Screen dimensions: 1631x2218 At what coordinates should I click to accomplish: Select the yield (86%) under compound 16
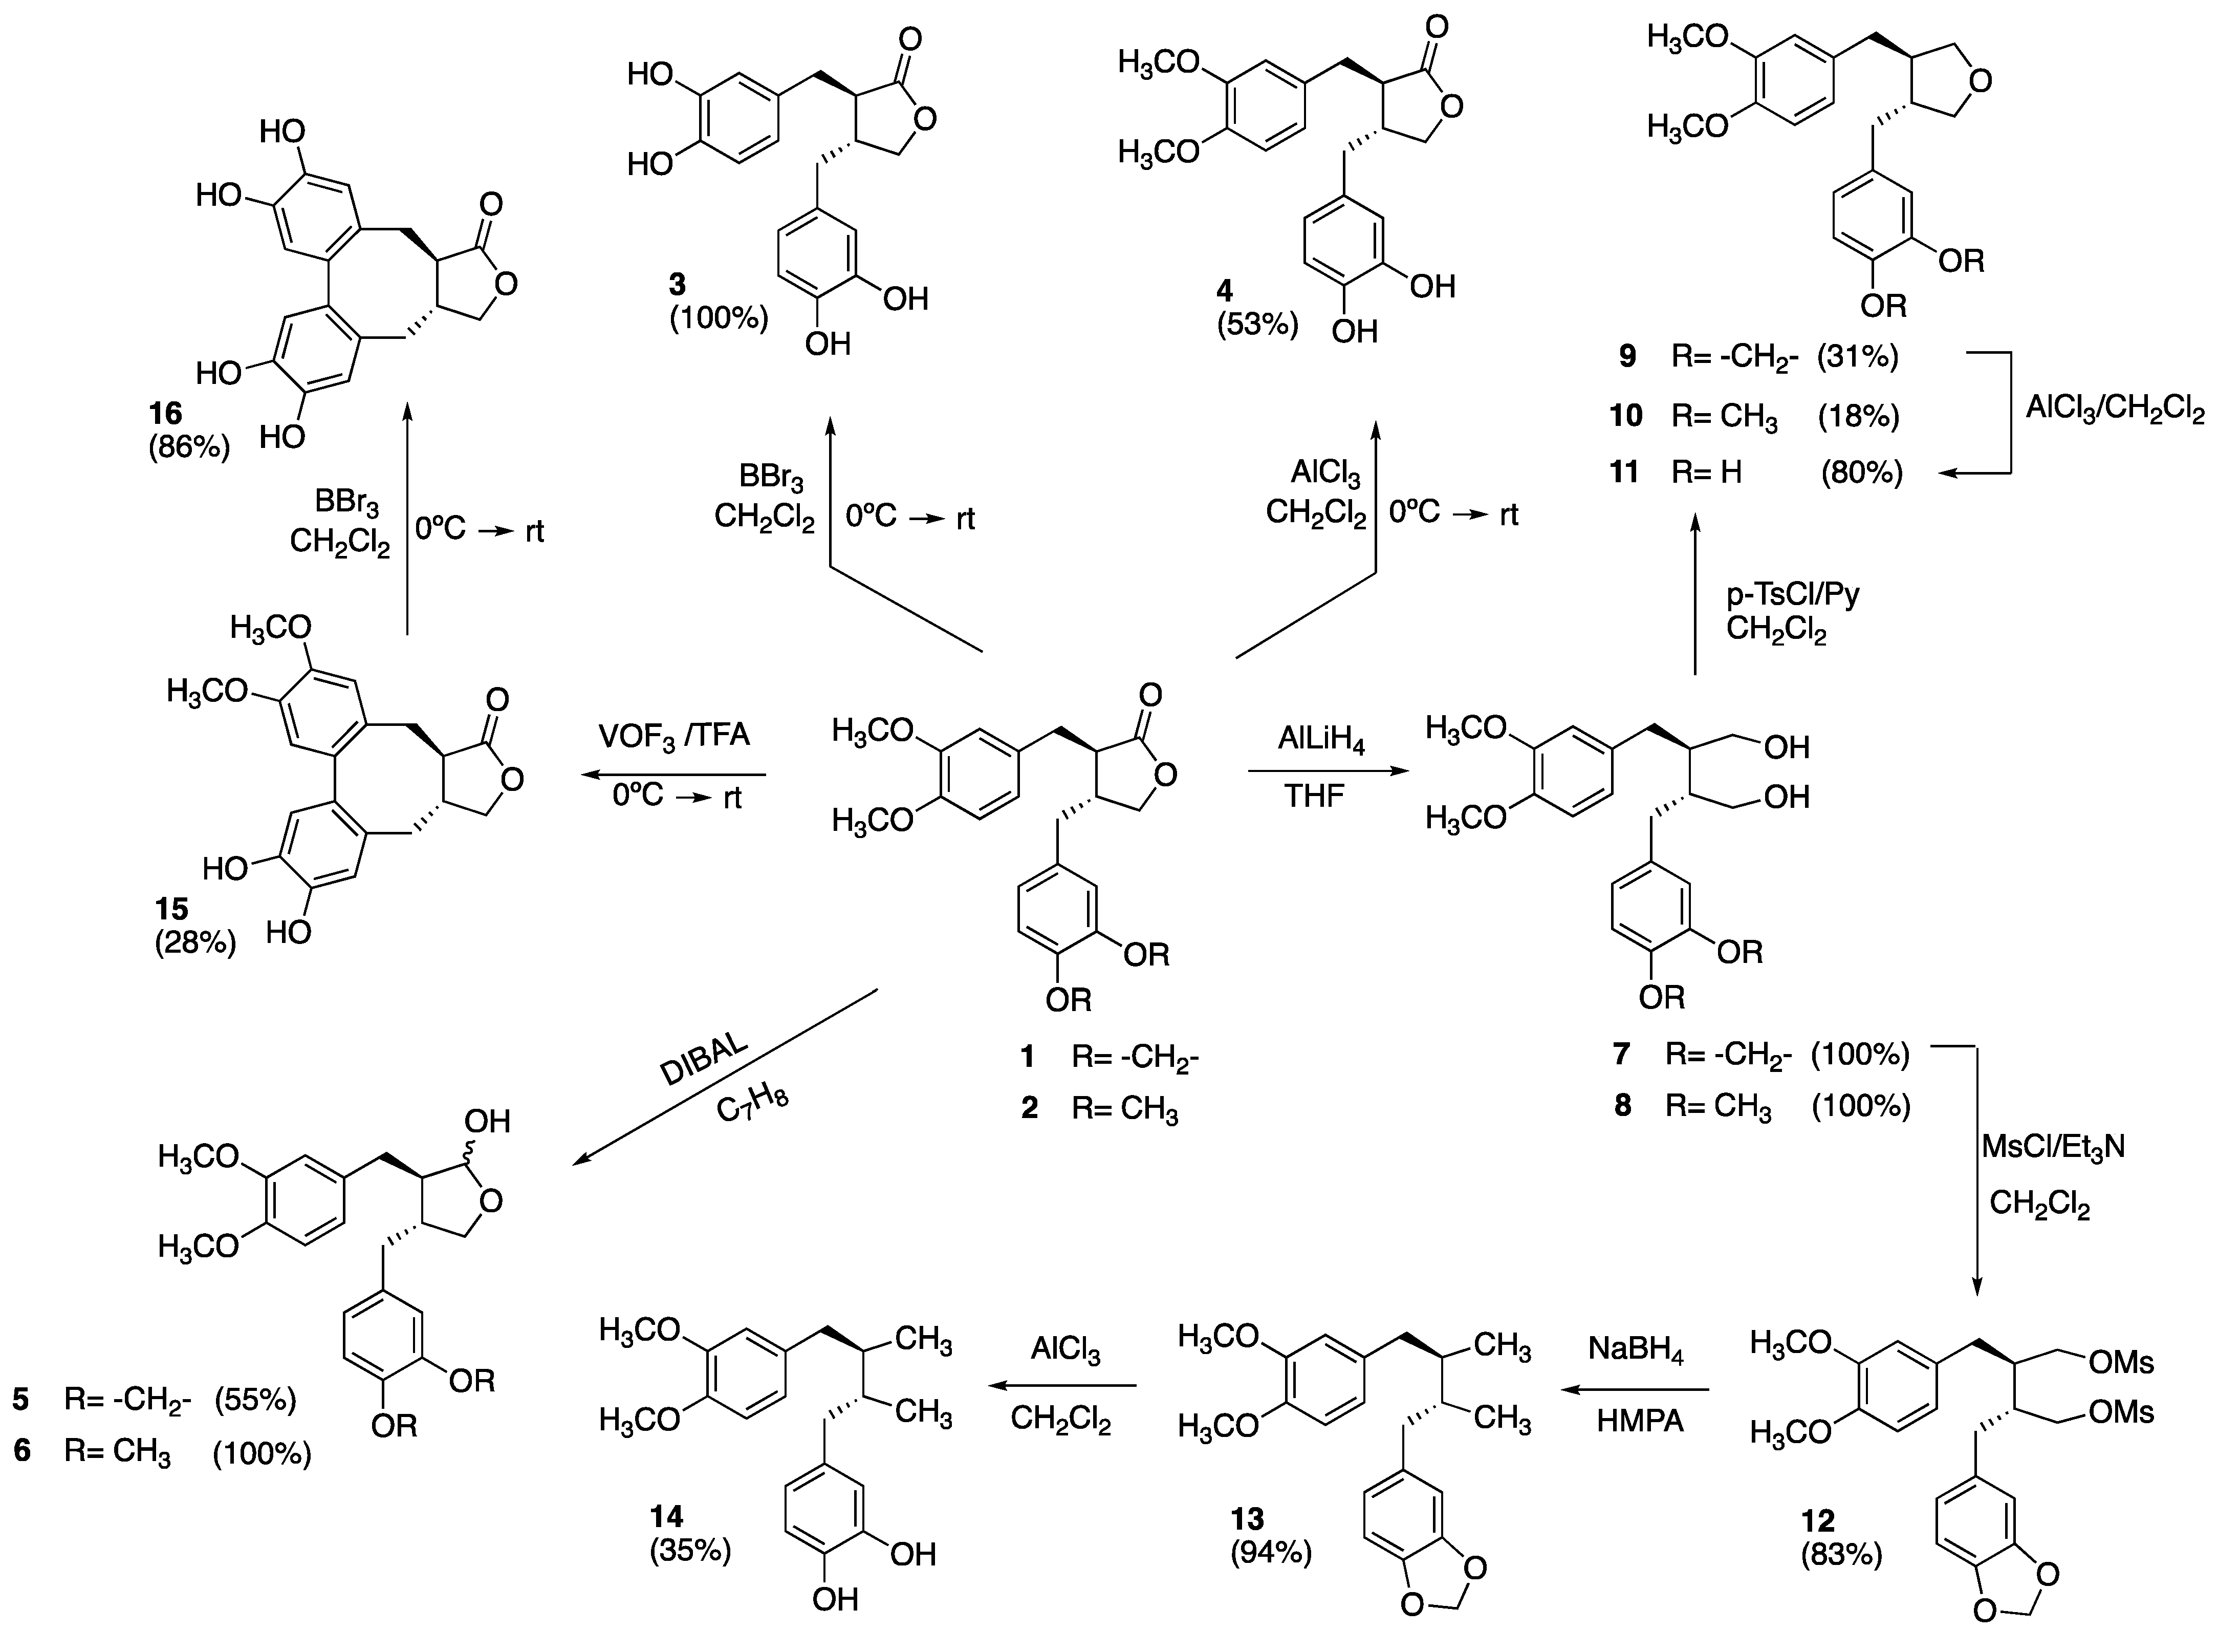[x=189, y=447]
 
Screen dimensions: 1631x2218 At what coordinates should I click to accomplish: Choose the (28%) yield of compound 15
[x=195, y=943]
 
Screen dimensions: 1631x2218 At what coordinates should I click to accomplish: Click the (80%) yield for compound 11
[x=1862, y=473]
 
